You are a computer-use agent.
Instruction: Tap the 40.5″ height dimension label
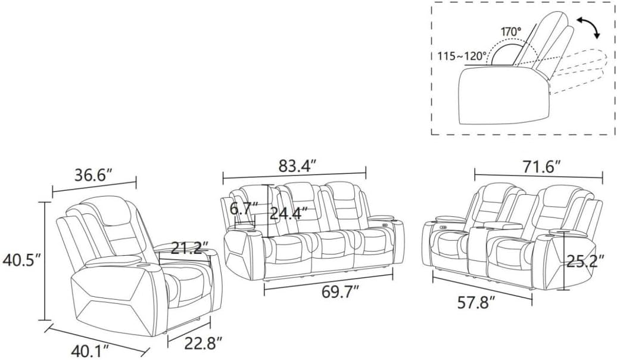click(x=22, y=260)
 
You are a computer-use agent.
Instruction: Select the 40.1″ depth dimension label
click(x=90, y=350)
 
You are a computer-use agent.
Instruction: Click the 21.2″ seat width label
click(x=189, y=248)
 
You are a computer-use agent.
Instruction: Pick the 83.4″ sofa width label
click(x=298, y=166)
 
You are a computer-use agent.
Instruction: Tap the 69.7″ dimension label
click(x=340, y=292)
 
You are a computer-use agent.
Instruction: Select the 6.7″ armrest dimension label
click(x=244, y=209)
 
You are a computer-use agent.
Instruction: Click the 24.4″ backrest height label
click(x=288, y=214)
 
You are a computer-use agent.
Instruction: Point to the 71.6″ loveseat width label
click(x=541, y=167)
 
